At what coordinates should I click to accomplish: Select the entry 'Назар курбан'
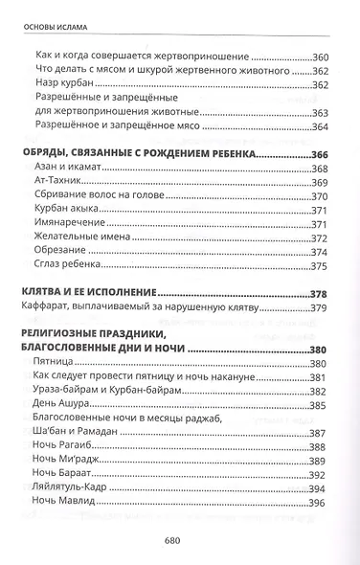click(62, 86)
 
